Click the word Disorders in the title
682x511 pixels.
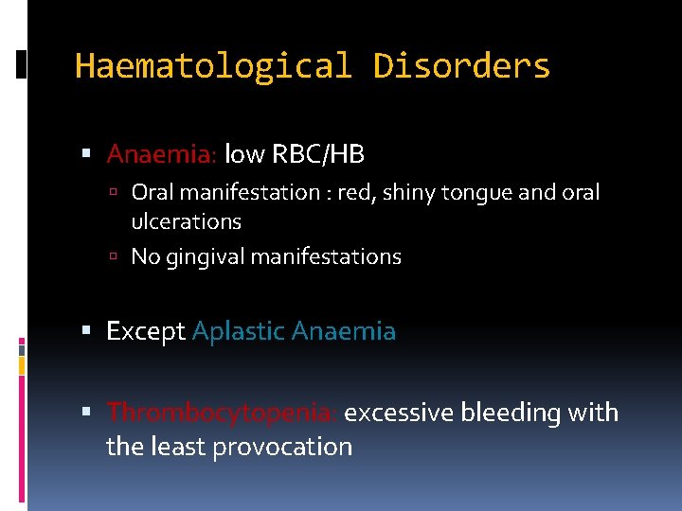tap(461, 66)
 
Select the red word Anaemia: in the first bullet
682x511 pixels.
tap(162, 153)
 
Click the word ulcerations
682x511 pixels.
tap(186, 222)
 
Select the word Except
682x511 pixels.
tap(146, 332)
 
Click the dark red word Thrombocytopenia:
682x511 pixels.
tap(222, 414)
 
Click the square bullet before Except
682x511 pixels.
tap(86, 332)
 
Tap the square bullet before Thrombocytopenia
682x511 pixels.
tap(86, 414)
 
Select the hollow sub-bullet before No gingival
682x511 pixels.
tap(113, 257)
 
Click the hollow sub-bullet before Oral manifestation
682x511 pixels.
tap(113, 193)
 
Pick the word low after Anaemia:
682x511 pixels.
tap(243, 153)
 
